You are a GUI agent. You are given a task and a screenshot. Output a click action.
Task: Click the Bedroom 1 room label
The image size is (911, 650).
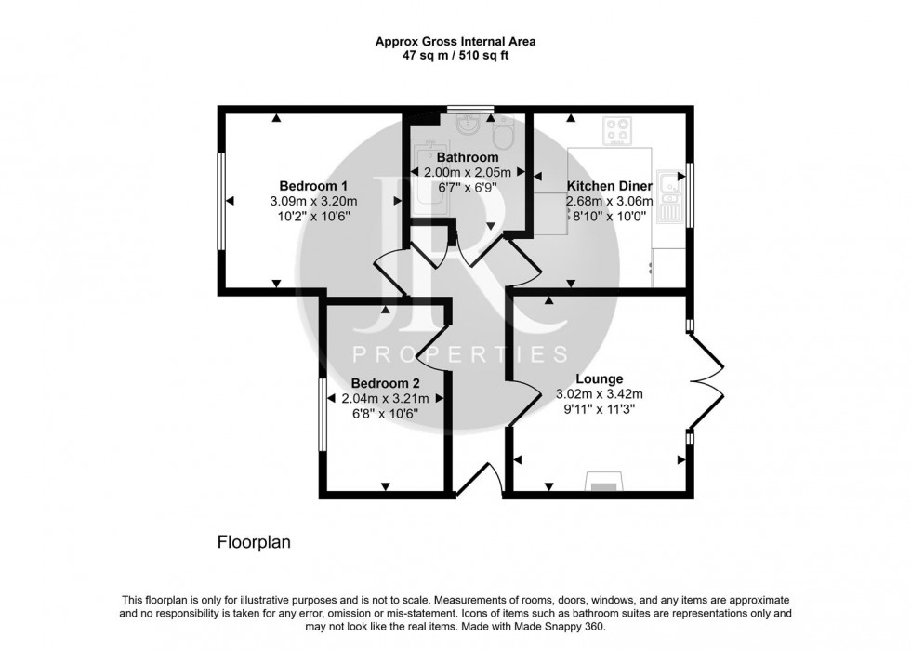pyautogui.click(x=313, y=186)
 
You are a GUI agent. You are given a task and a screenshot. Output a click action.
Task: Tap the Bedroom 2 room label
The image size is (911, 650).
pyautogui.click(x=385, y=384)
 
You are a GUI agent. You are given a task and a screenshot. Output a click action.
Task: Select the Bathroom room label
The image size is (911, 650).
pyautogui.click(x=468, y=157)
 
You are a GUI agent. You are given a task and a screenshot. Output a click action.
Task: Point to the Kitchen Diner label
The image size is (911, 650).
pyautogui.click(x=610, y=186)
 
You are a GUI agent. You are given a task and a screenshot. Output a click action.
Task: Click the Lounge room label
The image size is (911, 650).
pyautogui.click(x=599, y=379)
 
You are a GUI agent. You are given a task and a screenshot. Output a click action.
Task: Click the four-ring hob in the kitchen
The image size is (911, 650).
pyautogui.click(x=617, y=131)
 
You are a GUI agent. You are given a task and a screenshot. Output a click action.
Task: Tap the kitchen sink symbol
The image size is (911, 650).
pyautogui.click(x=670, y=196)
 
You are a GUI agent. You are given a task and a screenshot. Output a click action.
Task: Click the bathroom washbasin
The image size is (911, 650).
pyautogui.click(x=468, y=124)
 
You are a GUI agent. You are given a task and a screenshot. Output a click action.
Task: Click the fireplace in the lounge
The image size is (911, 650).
pyautogui.click(x=604, y=482)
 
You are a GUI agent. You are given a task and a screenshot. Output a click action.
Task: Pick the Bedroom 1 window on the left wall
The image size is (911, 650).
pyautogui.click(x=221, y=201)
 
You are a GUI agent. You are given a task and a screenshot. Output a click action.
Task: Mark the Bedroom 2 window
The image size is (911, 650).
pyautogui.click(x=322, y=415)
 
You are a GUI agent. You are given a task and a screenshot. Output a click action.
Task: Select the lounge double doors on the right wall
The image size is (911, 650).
pyautogui.click(x=706, y=381)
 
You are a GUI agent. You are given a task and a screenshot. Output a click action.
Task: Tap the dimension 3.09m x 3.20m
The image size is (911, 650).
pyautogui.click(x=313, y=202)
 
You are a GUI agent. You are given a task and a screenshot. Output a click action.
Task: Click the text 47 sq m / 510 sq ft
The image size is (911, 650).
pyautogui.click(x=455, y=57)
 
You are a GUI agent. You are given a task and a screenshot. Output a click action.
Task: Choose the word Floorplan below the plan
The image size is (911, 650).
pyautogui.click(x=254, y=542)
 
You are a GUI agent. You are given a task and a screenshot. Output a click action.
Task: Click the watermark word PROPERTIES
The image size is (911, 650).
pyautogui.click(x=460, y=354)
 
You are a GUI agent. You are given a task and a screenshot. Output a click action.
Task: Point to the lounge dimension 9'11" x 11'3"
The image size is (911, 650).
pyautogui.click(x=599, y=409)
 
